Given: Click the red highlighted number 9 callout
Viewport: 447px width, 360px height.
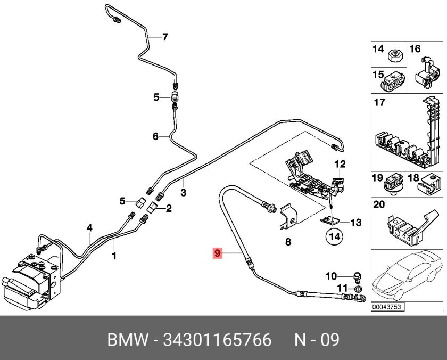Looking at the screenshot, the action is [217, 253].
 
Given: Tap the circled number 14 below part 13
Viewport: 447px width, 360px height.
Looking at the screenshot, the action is [335, 236].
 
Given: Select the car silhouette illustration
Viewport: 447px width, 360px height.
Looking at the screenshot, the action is [407, 276].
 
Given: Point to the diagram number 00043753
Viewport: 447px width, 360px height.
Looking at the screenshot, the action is [387, 307].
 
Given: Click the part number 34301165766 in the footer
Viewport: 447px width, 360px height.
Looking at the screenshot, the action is [217, 340].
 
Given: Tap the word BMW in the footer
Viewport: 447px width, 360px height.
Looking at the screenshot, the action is [128, 340].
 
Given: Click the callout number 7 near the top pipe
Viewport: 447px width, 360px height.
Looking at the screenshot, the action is [165, 37].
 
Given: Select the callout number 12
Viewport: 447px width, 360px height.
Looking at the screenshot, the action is [340, 164].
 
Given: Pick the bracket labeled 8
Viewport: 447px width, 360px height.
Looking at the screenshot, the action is [288, 217].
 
